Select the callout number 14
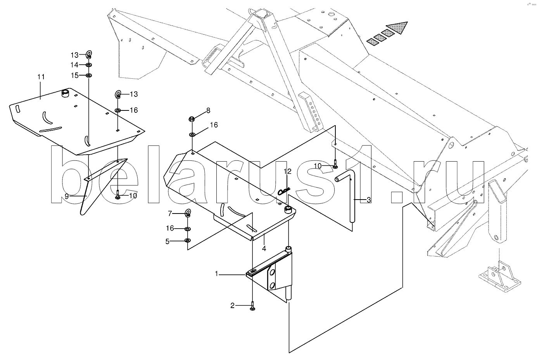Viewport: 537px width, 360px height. [x=74, y=64]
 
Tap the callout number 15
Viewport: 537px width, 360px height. [x=74, y=75]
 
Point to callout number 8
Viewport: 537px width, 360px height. [x=208, y=110]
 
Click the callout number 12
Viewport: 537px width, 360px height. [x=287, y=171]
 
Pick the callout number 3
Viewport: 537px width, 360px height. [x=368, y=200]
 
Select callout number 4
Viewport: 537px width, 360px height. [x=264, y=248]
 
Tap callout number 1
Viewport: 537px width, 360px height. [x=218, y=274]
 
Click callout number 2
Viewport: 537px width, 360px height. [x=233, y=306]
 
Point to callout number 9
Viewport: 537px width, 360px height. [x=67, y=196]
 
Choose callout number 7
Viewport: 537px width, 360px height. [x=170, y=214]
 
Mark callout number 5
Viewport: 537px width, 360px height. [x=167, y=241]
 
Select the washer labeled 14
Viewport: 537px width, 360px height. [x=89, y=64]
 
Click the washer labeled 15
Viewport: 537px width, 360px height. [x=89, y=75]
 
